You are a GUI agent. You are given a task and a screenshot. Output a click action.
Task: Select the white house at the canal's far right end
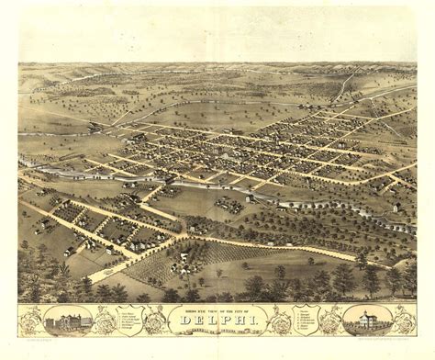395,208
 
